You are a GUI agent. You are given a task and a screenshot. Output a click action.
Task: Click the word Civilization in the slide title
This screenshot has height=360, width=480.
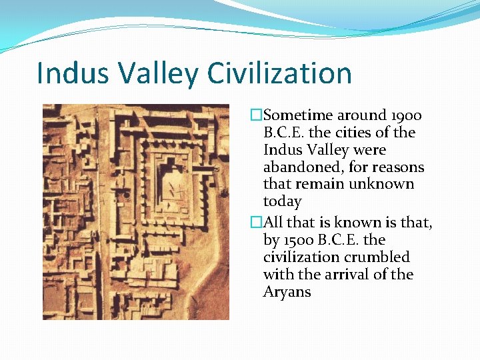coord(280,73)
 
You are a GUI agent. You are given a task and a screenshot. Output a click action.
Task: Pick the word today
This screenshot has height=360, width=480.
coord(282,201)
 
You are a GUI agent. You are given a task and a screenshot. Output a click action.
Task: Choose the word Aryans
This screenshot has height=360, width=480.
coord(287,292)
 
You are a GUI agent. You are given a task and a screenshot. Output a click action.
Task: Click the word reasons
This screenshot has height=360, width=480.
coord(398,167)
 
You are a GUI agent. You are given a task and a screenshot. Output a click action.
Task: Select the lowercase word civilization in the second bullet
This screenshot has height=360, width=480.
coord(303,257)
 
